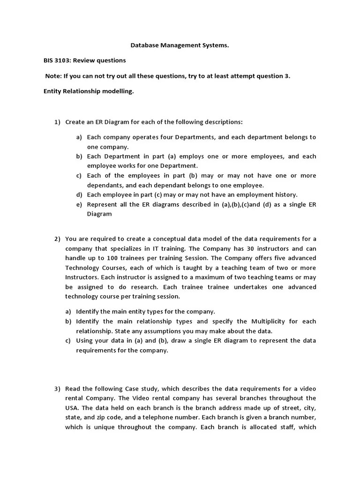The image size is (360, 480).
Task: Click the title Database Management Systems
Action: pyautogui.click(x=180, y=46)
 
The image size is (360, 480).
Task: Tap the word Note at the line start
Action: pyautogui.click(x=53, y=76)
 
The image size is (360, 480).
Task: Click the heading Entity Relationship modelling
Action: pyautogui.click(x=89, y=91)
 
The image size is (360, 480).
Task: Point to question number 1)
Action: pyautogui.click(x=57, y=122)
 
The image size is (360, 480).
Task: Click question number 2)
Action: pyautogui.click(x=57, y=239)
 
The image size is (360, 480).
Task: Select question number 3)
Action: pyautogui.click(x=57, y=389)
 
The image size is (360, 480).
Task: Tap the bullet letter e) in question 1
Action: pyautogui.click(x=79, y=204)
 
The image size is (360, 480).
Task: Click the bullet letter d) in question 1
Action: pyautogui.click(x=79, y=195)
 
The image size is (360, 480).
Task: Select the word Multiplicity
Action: pyautogui.click(x=270, y=322)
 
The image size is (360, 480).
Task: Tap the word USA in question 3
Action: pyautogui.click(x=71, y=408)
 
